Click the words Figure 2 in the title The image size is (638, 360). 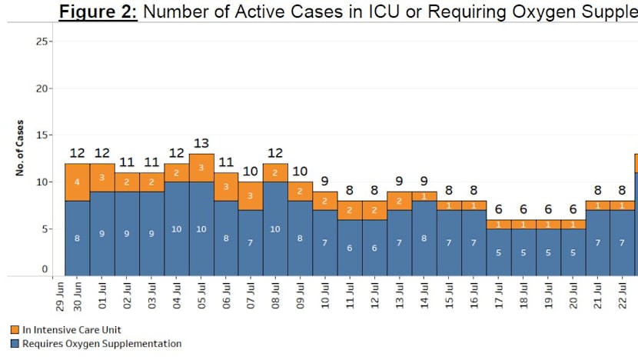pyautogui.click(x=98, y=13)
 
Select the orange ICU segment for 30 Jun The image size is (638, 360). pyautogui.click(x=77, y=182)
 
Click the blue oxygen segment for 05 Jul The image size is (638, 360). pyautogui.click(x=201, y=228)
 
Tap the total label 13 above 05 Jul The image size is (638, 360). pyautogui.click(x=201, y=143)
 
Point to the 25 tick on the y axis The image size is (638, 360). pyautogui.click(x=42, y=42)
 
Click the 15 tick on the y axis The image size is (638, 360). pyautogui.click(x=42, y=135)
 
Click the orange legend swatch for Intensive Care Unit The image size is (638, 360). pyautogui.click(x=15, y=330)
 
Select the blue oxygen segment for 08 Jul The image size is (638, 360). pyautogui.click(x=275, y=228)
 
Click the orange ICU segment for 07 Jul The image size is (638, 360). pyautogui.click(x=251, y=195)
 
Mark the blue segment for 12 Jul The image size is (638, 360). pyautogui.click(x=374, y=248)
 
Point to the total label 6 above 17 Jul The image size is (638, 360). pyautogui.click(x=498, y=209)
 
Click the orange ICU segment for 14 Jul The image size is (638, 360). pyautogui.click(x=424, y=196)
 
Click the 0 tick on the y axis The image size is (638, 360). pyautogui.click(x=45, y=269)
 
